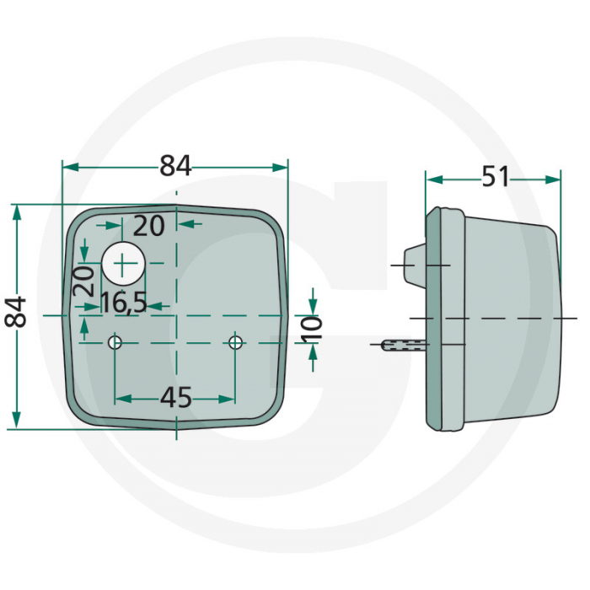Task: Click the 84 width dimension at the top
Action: click(x=175, y=167)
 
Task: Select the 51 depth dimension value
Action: click(x=495, y=177)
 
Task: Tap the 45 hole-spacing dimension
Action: click(x=175, y=397)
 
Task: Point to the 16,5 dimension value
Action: click(x=124, y=303)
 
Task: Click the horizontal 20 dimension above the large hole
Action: click(x=149, y=225)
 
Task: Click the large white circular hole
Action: click(x=124, y=264)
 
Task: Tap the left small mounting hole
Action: click(x=115, y=342)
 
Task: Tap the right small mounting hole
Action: click(x=235, y=342)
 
